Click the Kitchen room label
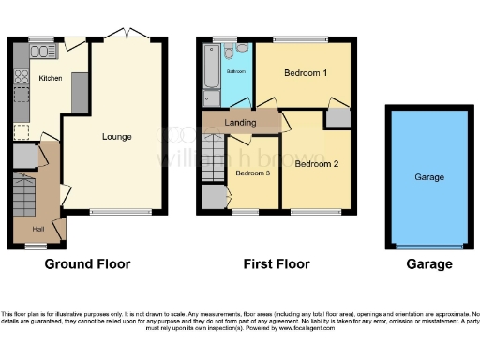coord(49,79)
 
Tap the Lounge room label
coord(117,137)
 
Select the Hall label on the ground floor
coord(38,228)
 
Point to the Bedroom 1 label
coord(306,73)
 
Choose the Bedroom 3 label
coord(252,173)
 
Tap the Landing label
coord(242,122)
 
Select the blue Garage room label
coord(429,176)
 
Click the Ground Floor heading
coord(88,264)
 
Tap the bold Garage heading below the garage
coord(429,264)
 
